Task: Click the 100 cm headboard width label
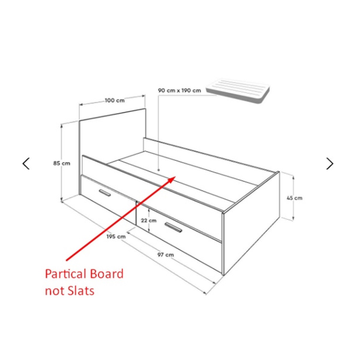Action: pyautogui.click(x=115, y=100)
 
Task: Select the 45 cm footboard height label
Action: pyautogui.click(x=295, y=198)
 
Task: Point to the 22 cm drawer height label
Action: pyautogui.click(x=149, y=220)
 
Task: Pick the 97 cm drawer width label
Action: pyautogui.click(x=166, y=255)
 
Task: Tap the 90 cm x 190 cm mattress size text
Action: pyautogui.click(x=180, y=90)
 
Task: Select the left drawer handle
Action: pyautogui.click(x=105, y=193)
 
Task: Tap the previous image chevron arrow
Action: pyautogui.click(x=26, y=163)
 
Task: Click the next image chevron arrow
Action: pyautogui.click(x=330, y=163)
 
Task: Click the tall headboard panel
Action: pyautogui.click(x=112, y=135)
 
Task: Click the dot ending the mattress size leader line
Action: pyautogui.click(x=159, y=170)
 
